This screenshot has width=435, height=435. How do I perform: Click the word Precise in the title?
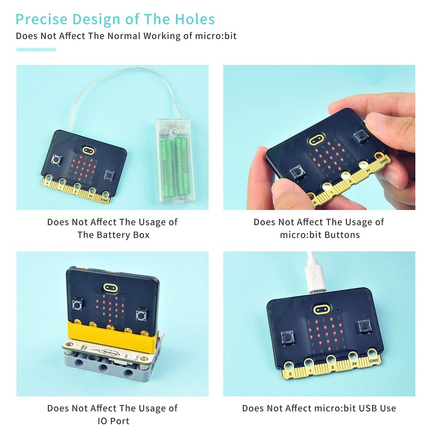click(x=41, y=20)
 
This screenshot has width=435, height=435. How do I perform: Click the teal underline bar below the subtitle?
click(x=36, y=49)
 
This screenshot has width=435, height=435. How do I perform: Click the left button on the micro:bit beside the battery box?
click(x=55, y=159)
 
